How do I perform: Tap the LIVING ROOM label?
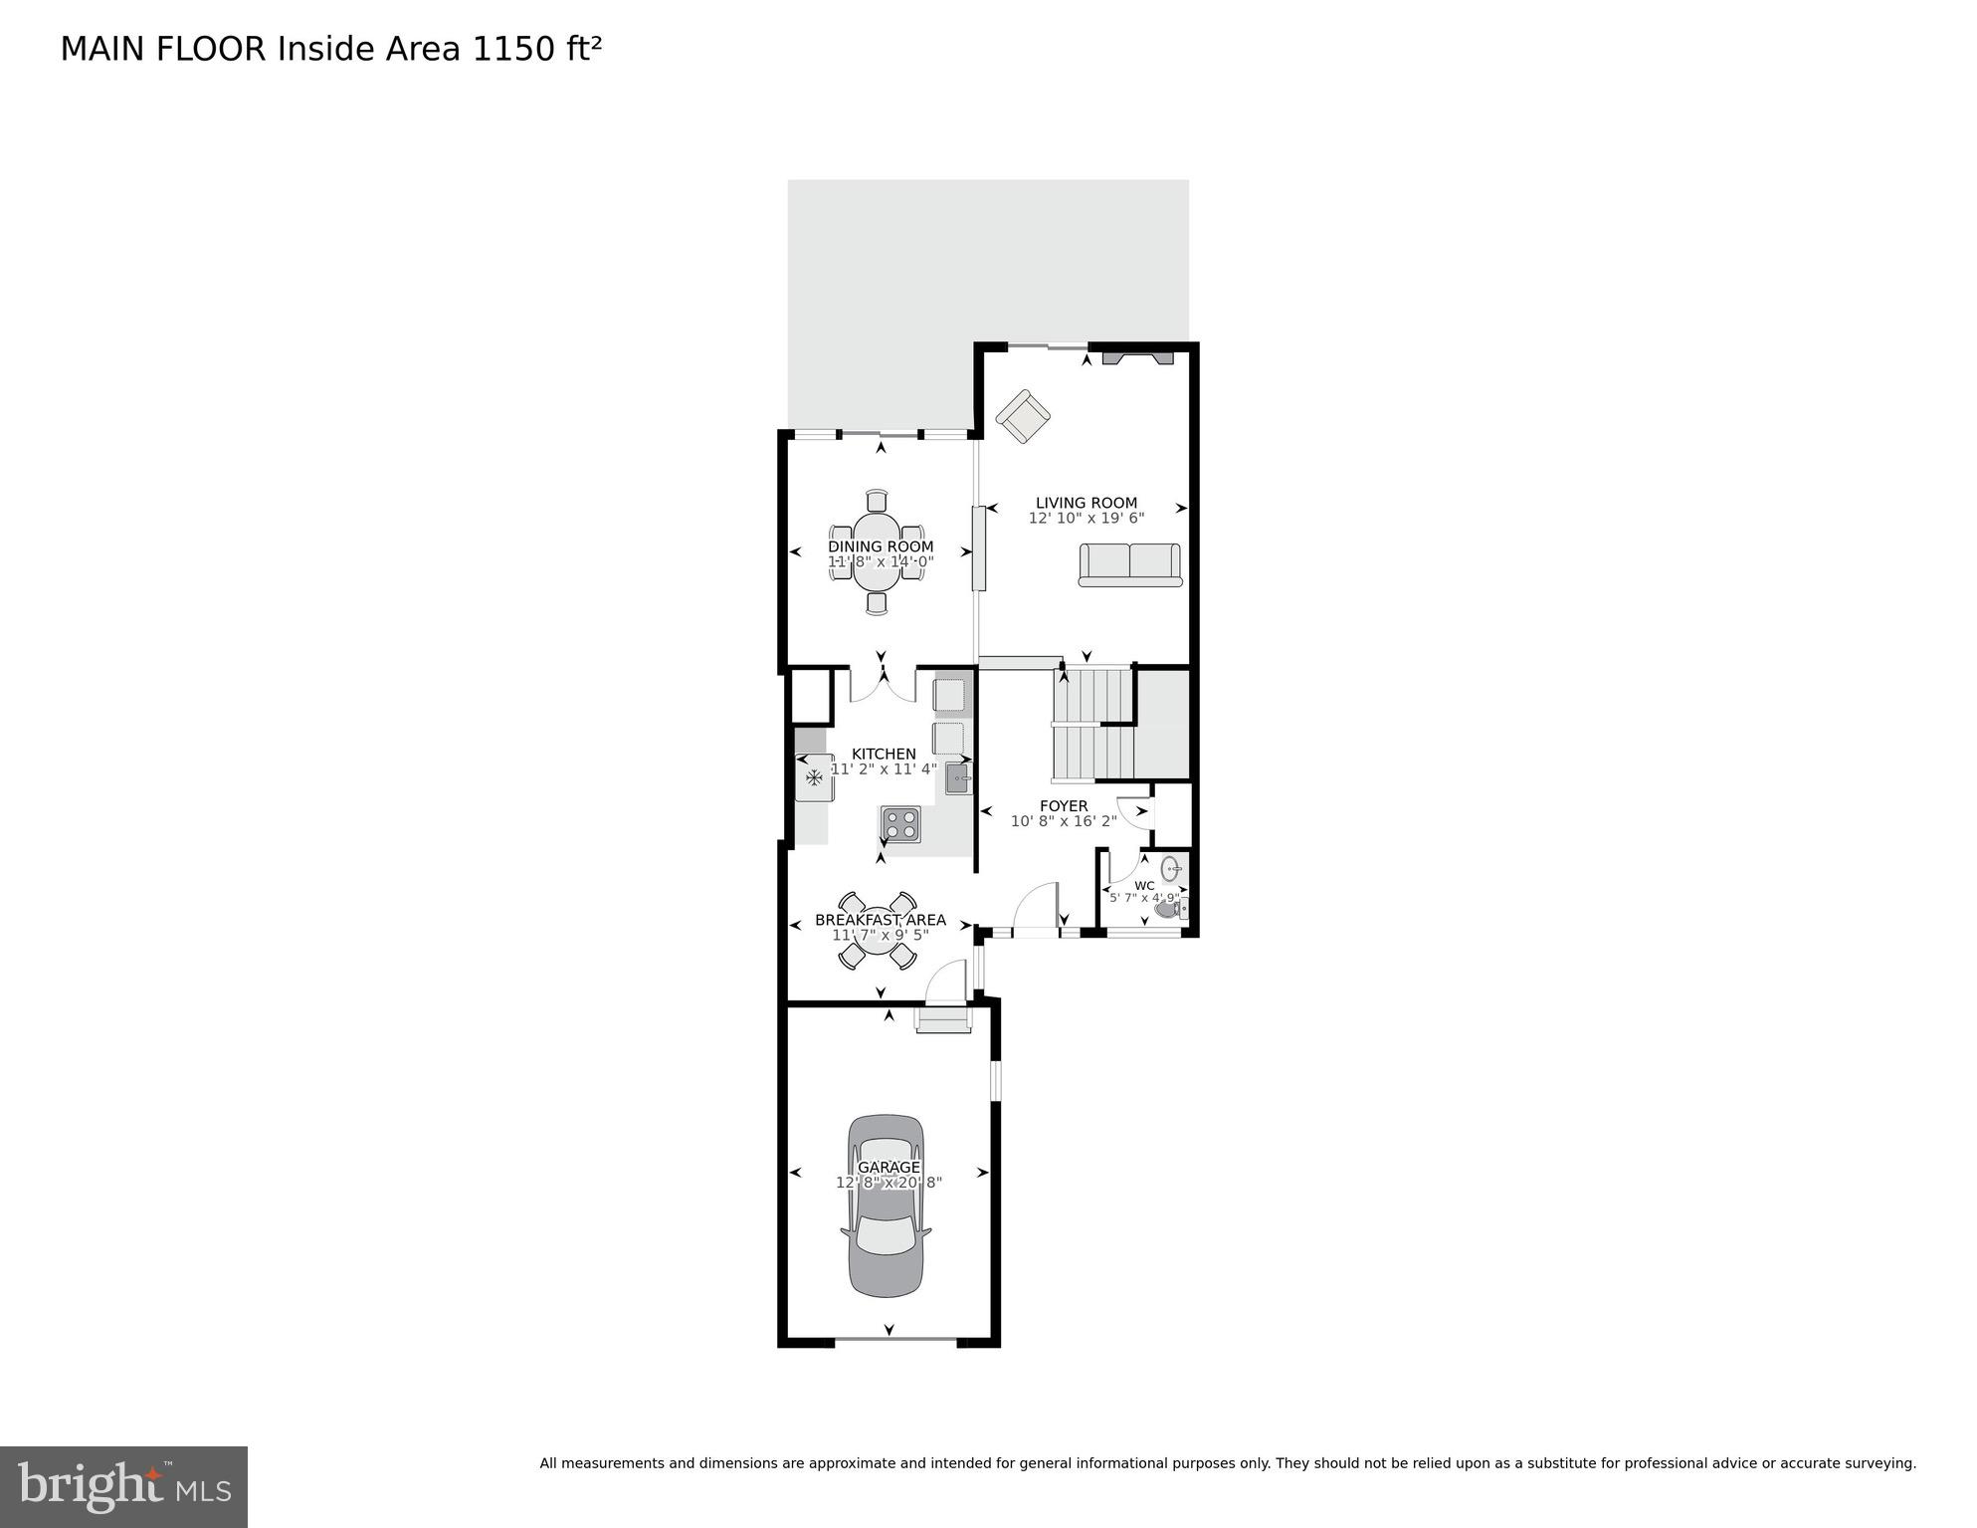tap(1086, 503)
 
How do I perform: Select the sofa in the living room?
tap(1129, 564)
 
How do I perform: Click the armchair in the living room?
tap(1023, 417)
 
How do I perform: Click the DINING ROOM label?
tap(881, 546)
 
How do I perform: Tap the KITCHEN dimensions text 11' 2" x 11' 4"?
tap(884, 768)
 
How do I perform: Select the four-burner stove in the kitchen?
tap(900, 824)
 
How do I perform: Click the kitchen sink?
tap(958, 777)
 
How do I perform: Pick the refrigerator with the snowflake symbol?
tap(814, 776)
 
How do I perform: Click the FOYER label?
tap(1064, 805)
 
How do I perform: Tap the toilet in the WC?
tap(1169, 907)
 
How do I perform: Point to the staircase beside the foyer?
tap(1092, 724)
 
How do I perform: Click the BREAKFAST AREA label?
tap(880, 920)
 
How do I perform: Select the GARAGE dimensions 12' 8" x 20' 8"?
tap(889, 1183)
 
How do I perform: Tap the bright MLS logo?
tap(123, 1486)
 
